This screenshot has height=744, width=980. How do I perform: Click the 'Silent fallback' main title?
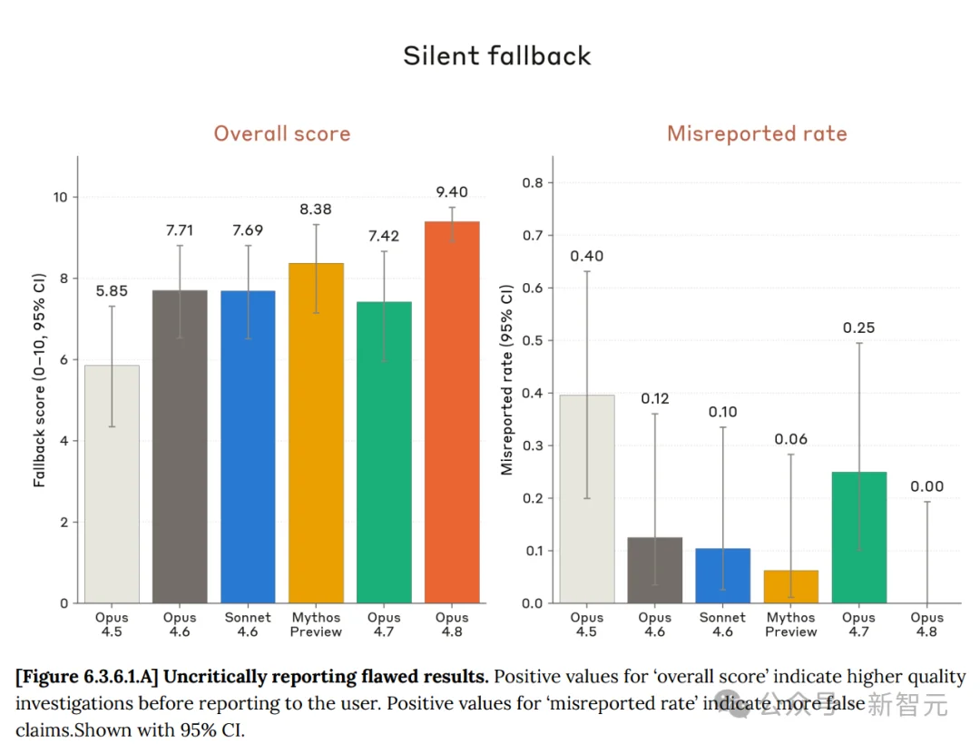pyautogui.click(x=497, y=55)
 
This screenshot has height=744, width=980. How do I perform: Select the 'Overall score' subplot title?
pyautogui.click(x=282, y=133)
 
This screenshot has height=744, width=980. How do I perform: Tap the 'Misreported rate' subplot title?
pyautogui.click(x=757, y=133)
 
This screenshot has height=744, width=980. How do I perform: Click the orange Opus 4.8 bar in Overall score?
pyautogui.click(x=452, y=412)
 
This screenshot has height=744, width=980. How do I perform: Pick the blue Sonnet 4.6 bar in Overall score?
pyautogui.click(x=248, y=446)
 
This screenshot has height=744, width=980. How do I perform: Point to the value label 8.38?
pyautogui.click(x=316, y=210)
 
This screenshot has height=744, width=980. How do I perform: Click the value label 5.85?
pyautogui.click(x=112, y=291)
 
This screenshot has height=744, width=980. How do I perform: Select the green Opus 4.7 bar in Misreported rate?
pyautogui.click(x=858, y=537)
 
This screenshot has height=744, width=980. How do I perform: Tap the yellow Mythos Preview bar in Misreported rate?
pyautogui.click(x=790, y=586)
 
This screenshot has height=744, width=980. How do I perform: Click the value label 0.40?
pyautogui.click(x=587, y=256)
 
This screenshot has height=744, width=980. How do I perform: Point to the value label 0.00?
pyautogui.click(x=926, y=486)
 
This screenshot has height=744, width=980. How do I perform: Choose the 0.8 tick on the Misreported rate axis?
pyautogui.click(x=533, y=183)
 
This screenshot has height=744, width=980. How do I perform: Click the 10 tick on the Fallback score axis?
pyautogui.click(x=61, y=198)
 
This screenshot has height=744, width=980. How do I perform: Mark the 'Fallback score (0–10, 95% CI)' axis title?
pyautogui.click(x=39, y=380)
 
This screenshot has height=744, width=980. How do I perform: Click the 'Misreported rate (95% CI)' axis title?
pyautogui.click(x=506, y=380)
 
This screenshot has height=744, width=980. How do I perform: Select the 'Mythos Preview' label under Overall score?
pyautogui.click(x=316, y=624)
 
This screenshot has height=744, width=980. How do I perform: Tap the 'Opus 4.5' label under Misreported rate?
pyautogui.click(x=587, y=624)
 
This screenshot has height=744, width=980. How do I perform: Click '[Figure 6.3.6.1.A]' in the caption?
pyautogui.click(x=87, y=677)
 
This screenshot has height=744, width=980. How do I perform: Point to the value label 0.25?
pyautogui.click(x=858, y=328)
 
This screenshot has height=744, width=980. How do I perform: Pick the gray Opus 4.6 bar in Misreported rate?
pyautogui.click(x=655, y=570)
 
